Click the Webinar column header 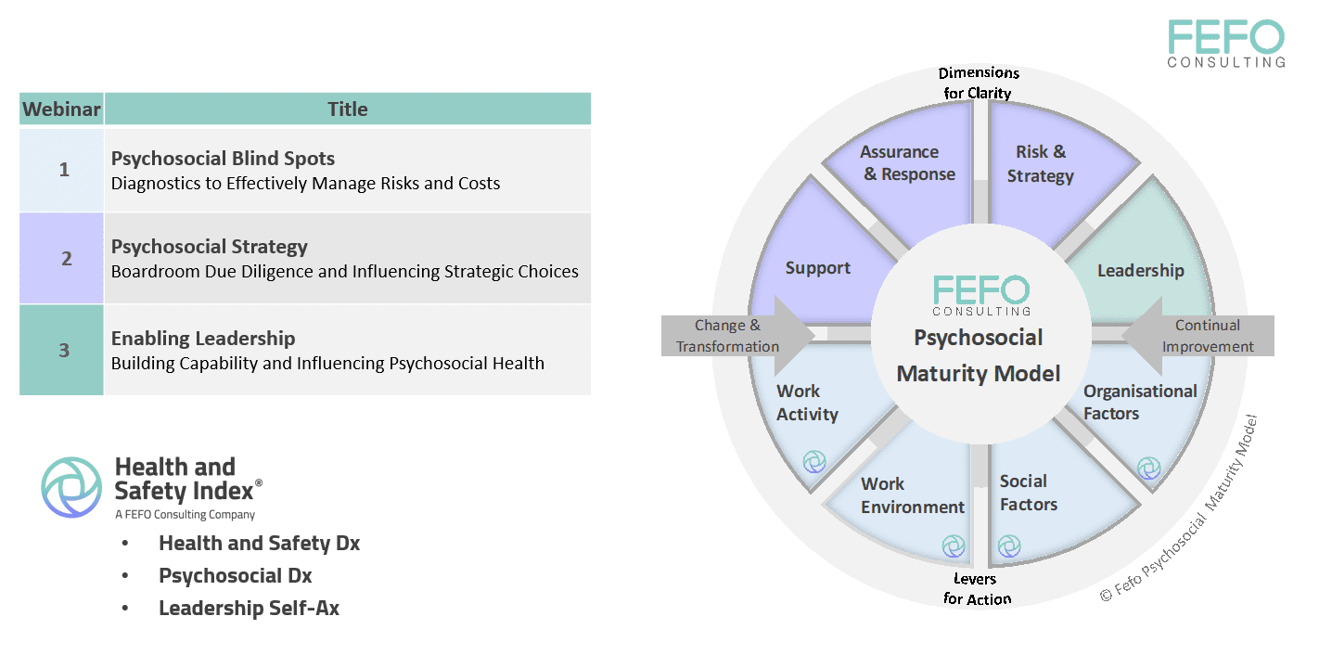(x=61, y=109)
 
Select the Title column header (x=347, y=109)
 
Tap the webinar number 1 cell (x=63, y=170)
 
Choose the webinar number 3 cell (x=63, y=350)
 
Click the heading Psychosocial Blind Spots (x=223, y=159)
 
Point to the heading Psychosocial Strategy (x=209, y=247)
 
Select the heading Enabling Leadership (x=203, y=339)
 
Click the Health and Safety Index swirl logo (x=71, y=486)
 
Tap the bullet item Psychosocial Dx (x=235, y=575)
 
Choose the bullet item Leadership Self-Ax (x=249, y=609)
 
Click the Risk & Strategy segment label (x=1040, y=163)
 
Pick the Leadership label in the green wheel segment (x=1140, y=270)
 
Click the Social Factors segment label (x=1028, y=493)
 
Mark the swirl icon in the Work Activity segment (x=813, y=460)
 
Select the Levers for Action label (x=977, y=589)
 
